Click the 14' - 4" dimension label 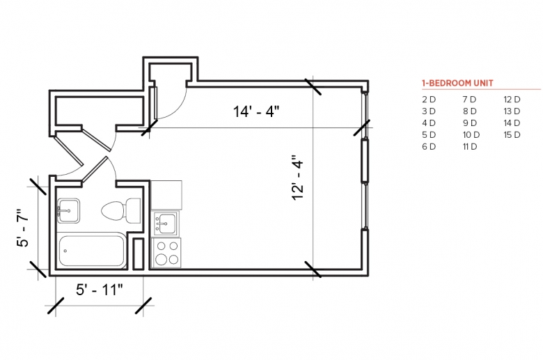point(256,112)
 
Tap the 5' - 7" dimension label point(23,228)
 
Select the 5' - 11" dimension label point(100,290)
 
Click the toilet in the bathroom point(121,210)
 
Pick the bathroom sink point(68,210)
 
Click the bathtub point(91,251)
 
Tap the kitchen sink point(166,224)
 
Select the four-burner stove point(166,253)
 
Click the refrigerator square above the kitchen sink point(166,195)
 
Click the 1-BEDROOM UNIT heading point(457,83)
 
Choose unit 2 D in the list point(429,100)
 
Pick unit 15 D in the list point(512,135)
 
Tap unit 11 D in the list point(470,146)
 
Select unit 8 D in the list point(470,111)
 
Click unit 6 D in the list point(429,146)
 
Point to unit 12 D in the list point(512,100)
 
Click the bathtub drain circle point(65,251)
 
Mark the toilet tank point(134,210)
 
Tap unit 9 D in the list point(470,123)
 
